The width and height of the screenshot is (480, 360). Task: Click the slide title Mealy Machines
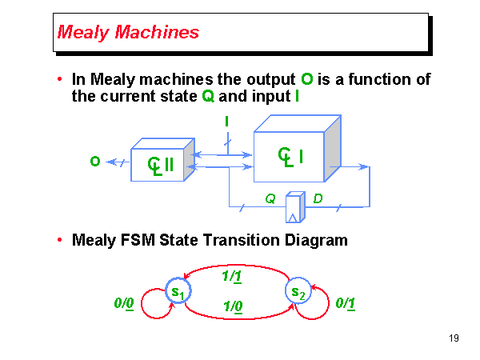tap(129, 33)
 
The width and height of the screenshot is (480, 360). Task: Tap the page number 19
tap(454, 338)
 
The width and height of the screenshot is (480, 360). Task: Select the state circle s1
tap(177, 292)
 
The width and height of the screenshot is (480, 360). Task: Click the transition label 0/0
tap(123, 304)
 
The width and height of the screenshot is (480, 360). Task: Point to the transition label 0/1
tap(346, 303)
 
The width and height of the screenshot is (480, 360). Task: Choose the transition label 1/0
tap(234, 306)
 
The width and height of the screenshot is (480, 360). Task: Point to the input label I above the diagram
tap(227, 122)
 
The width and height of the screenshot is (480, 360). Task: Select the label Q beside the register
tap(270, 198)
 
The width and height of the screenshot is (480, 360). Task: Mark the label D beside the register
tap(318, 198)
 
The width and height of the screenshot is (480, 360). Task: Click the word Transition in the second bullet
tap(231, 240)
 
